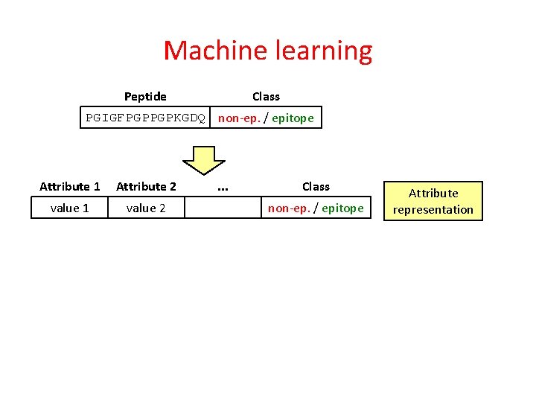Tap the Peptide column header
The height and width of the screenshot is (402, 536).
click(x=145, y=96)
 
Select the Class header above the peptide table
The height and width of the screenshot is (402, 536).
click(x=266, y=96)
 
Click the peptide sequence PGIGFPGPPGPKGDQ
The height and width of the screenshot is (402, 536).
click(x=146, y=118)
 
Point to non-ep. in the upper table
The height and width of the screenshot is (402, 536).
click(x=240, y=118)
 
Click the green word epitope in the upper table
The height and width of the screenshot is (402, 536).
click(x=293, y=118)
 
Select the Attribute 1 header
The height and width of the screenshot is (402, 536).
click(x=70, y=186)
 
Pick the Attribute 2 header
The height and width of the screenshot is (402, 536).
click(x=146, y=186)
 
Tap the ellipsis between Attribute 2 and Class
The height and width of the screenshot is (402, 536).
click(x=222, y=187)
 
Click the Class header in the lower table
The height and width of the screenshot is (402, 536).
click(x=316, y=186)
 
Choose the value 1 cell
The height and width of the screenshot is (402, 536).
click(x=70, y=208)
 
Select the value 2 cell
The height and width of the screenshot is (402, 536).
click(x=146, y=208)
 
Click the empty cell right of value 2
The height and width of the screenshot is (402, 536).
click(x=222, y=208)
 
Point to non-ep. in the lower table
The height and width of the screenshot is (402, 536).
click(x=290, y=208)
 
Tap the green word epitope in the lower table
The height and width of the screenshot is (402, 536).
click(x=342, y=208)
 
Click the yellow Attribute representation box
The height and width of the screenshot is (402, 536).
click(x=433, y=201)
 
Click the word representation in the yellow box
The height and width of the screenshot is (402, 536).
click(x=433, y=209)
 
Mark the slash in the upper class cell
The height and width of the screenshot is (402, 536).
click(x=266, y=118)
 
